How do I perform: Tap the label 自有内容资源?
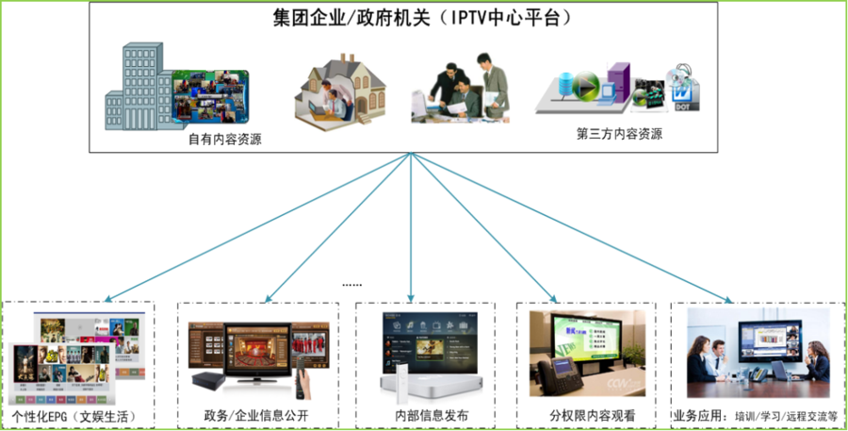[x=224, y=139]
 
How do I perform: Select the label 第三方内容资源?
[x=619, y=134]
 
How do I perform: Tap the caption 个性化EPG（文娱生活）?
[x=73, y=415]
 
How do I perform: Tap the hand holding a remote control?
[x=304, y=373]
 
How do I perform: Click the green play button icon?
[x=585, y=83]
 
